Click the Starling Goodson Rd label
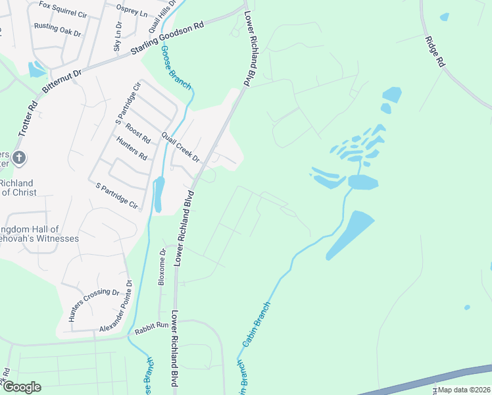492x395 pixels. [168, 39]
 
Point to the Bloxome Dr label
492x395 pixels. [162, 267]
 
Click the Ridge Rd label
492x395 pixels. [435, 51]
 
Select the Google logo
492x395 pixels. [21, 387]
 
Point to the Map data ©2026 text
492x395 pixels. [463, 390]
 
